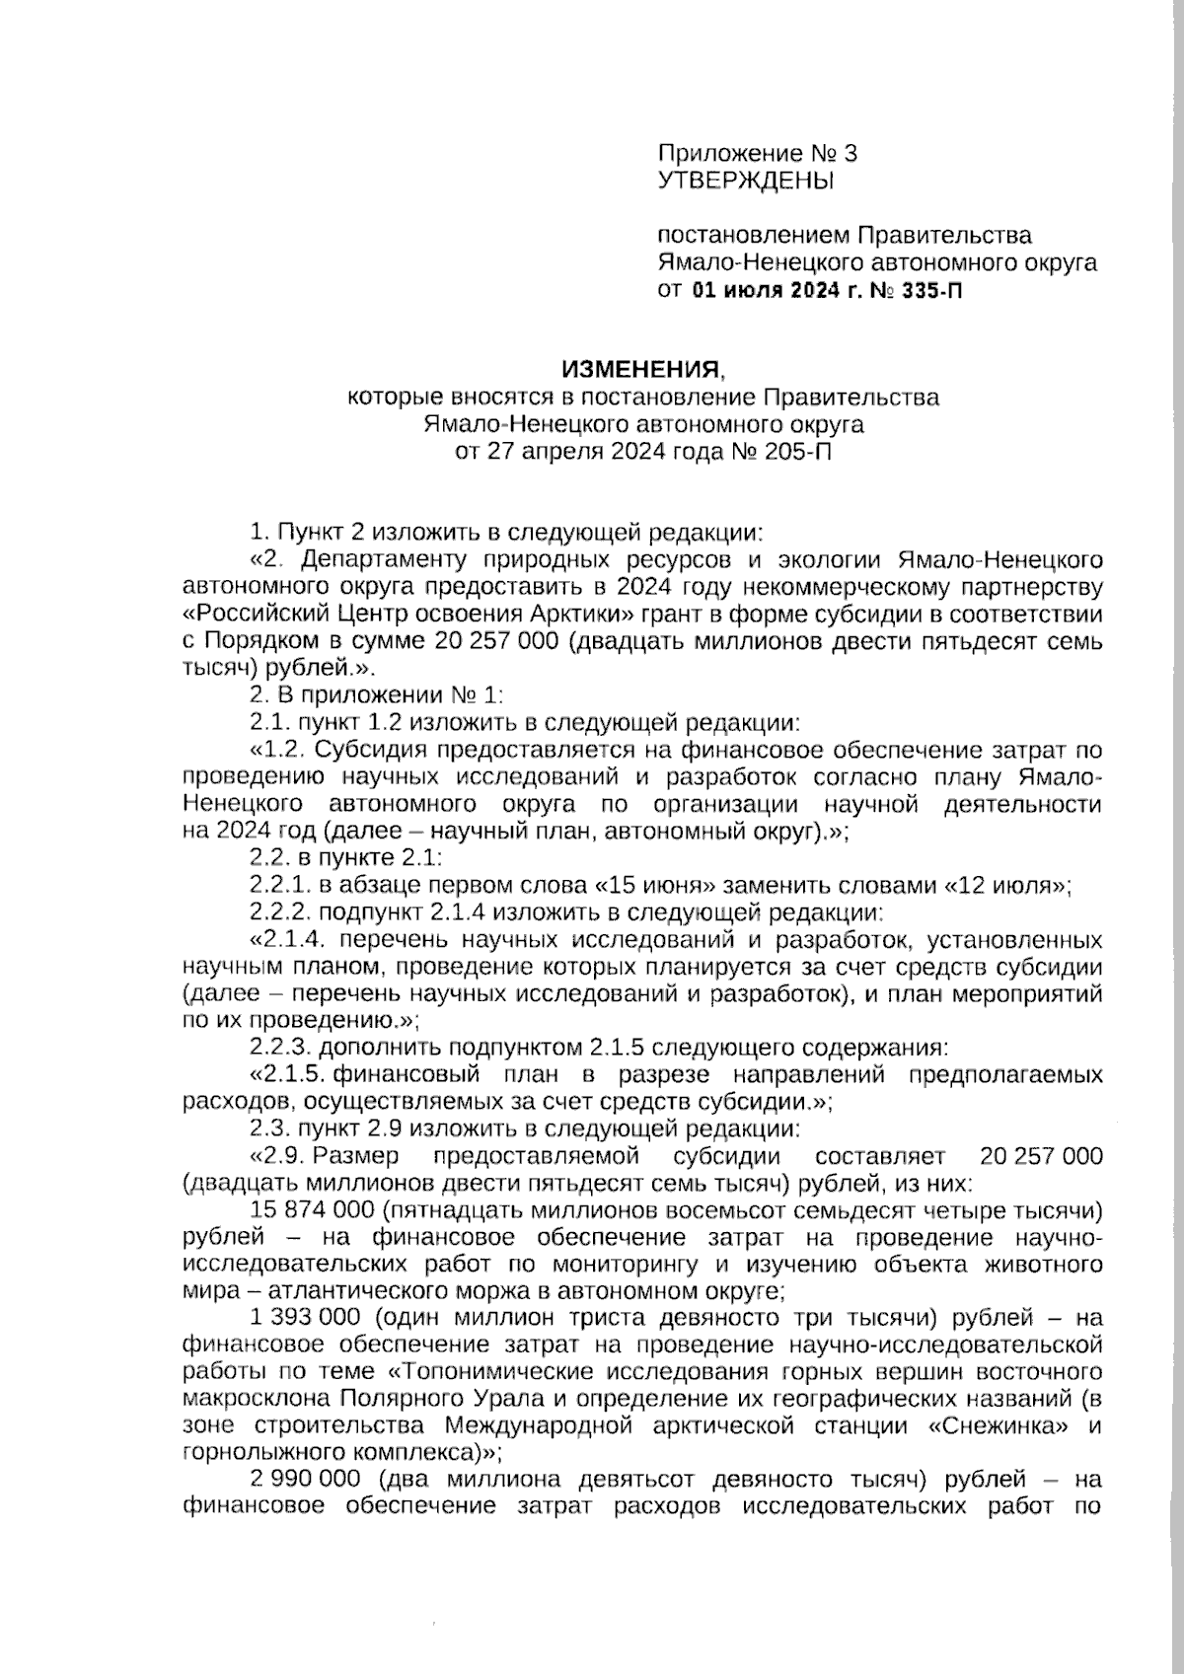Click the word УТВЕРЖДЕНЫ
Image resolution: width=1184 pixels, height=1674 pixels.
click(745, 181)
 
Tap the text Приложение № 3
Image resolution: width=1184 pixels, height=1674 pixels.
click(757, 154)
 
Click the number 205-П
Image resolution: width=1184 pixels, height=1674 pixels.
click(790, 453)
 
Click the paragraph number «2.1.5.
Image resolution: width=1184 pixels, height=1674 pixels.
click(288, 1074)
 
